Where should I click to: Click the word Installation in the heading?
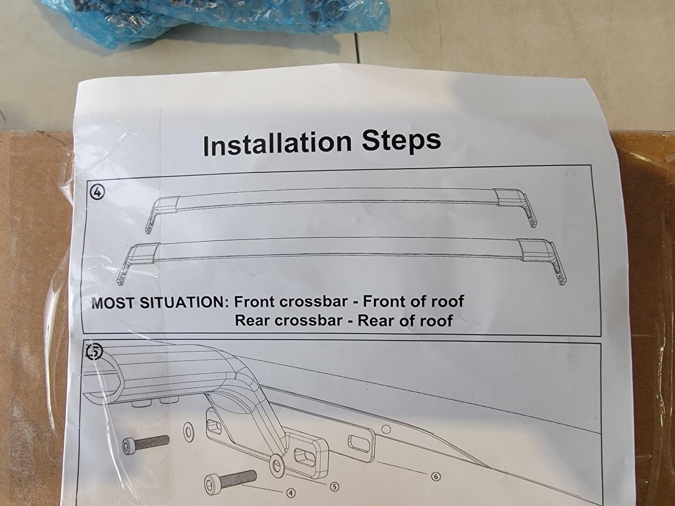(x=277, y=144)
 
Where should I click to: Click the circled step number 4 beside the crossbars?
(x=98, y=193)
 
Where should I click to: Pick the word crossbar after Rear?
(x=308, y=321)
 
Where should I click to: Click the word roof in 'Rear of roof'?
(x=436, y=320)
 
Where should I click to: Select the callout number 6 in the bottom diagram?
(x=436, y=476)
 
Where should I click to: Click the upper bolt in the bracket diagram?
(x=146, y=444)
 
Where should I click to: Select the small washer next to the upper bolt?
(x=188, y=433)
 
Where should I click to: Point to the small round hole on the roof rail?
(x=387, y=429)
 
